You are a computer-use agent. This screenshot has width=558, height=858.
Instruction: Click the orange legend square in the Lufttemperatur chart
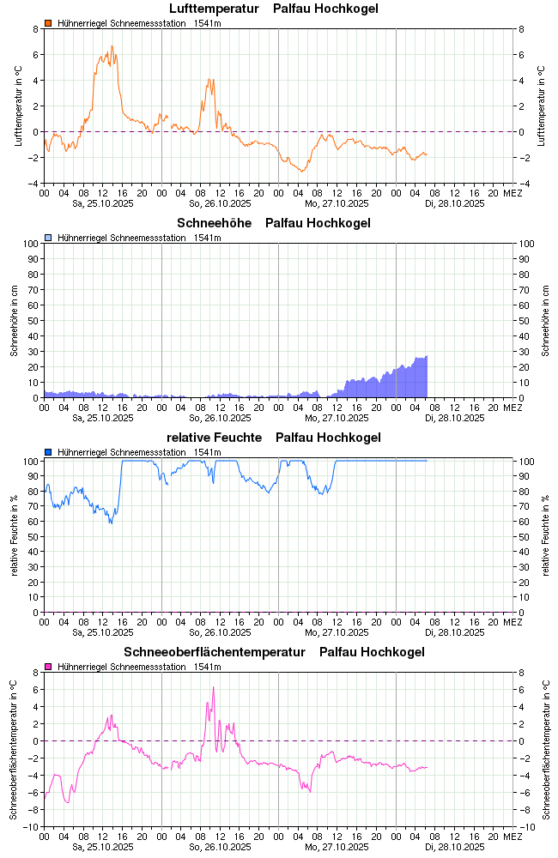pyautogui.click(x=49, y=23)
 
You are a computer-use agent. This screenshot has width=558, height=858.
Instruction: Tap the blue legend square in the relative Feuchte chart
pyautogui.click(x=49, y=452)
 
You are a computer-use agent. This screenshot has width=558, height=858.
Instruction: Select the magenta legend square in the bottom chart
pyautogui.click(x=49, y=667)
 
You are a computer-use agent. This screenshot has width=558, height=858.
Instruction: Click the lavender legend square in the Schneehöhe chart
pyautogui.click(x=49, y=238)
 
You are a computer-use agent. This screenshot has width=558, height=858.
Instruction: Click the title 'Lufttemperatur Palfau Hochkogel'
pyautogui.click(x=273, y=9)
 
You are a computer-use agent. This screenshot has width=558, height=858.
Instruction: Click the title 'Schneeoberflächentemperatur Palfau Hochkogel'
pyautogui.click(x=274, y=653)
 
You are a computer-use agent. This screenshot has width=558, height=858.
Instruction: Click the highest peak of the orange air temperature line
pyautogui.click(x=112, y=46)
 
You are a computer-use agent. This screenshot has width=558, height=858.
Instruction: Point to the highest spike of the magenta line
pyautogui.click(x=213, y=686)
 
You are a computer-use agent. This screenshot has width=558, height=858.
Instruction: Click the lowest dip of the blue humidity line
pyautogui.click(x=111, y=523)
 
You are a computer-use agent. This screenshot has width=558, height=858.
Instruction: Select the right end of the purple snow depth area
pyautogui.click(x=427, y=357)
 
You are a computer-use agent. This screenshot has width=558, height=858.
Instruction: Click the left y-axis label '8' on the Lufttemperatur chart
pyautogui.click(x=35, y=29)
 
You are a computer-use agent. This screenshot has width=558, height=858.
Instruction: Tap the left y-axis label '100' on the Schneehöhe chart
pyautogui.click(x=31, y=244)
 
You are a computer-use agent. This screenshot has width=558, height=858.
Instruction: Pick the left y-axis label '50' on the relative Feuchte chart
pyautogui.click(x=33, y=536)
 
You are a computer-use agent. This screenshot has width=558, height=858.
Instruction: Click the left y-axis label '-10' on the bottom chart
pyautogui.click(x=30, y=827)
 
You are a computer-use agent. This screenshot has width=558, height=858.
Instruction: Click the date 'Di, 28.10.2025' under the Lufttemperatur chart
pyautogui.click(x=455, y=204)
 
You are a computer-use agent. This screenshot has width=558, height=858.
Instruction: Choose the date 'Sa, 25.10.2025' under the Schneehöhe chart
pyautogui.click(x=103, y=419)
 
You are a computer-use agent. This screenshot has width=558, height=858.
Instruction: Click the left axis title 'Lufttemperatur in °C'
pyautogui.click(x=18, y=106)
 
